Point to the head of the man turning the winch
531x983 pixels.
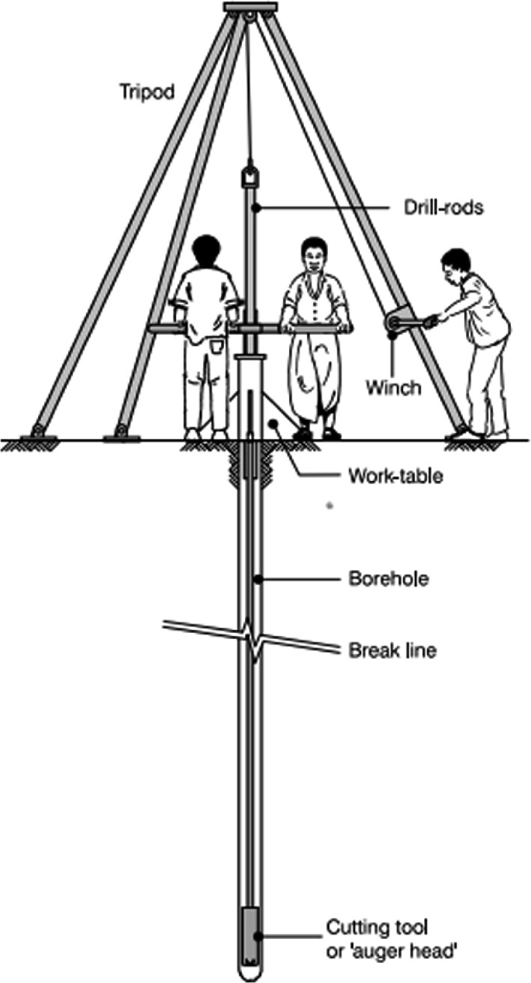(x=455, y=263)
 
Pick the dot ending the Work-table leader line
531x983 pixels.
(x=273, y=424)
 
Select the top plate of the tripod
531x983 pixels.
(x=249, y=7)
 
